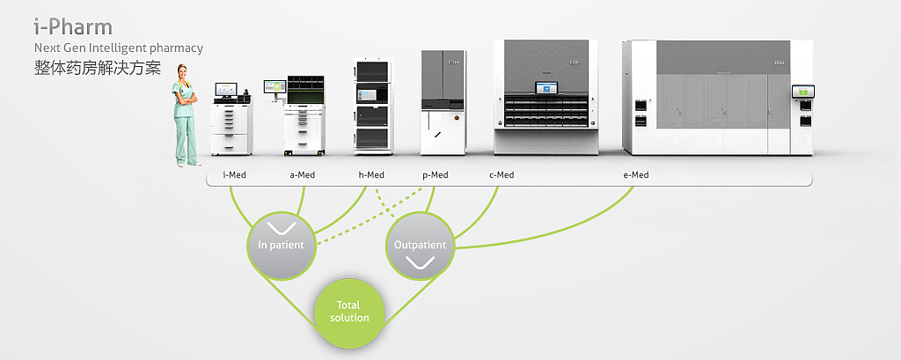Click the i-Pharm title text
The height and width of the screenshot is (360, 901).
tap(73, 26)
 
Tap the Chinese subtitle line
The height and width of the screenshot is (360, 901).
tap(98, 67)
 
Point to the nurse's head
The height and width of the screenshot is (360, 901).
tap(183, 73)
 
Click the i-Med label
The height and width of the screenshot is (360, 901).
tap(234, 175)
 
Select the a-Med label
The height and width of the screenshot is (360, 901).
tap(302, 175)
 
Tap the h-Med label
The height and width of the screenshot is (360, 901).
tap(371, 175)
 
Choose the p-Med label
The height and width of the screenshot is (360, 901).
tap(435, 175)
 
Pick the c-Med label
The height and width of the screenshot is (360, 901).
tap(502, 175)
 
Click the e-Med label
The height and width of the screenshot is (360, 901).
tap(635, 175)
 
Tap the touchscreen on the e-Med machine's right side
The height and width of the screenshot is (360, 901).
tap(803, 92)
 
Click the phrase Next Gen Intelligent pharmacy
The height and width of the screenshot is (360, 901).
tap(118, 48)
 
